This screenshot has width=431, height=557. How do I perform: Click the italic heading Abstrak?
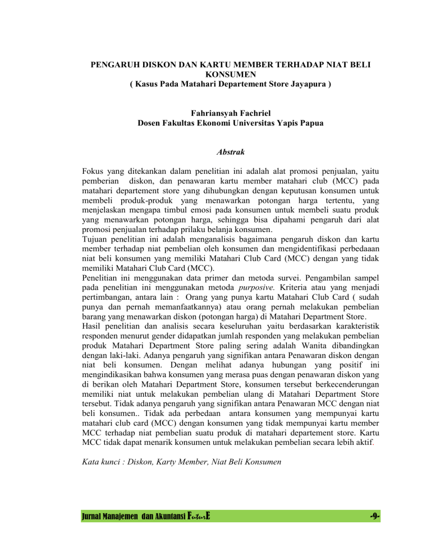click(x=215, y=151)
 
